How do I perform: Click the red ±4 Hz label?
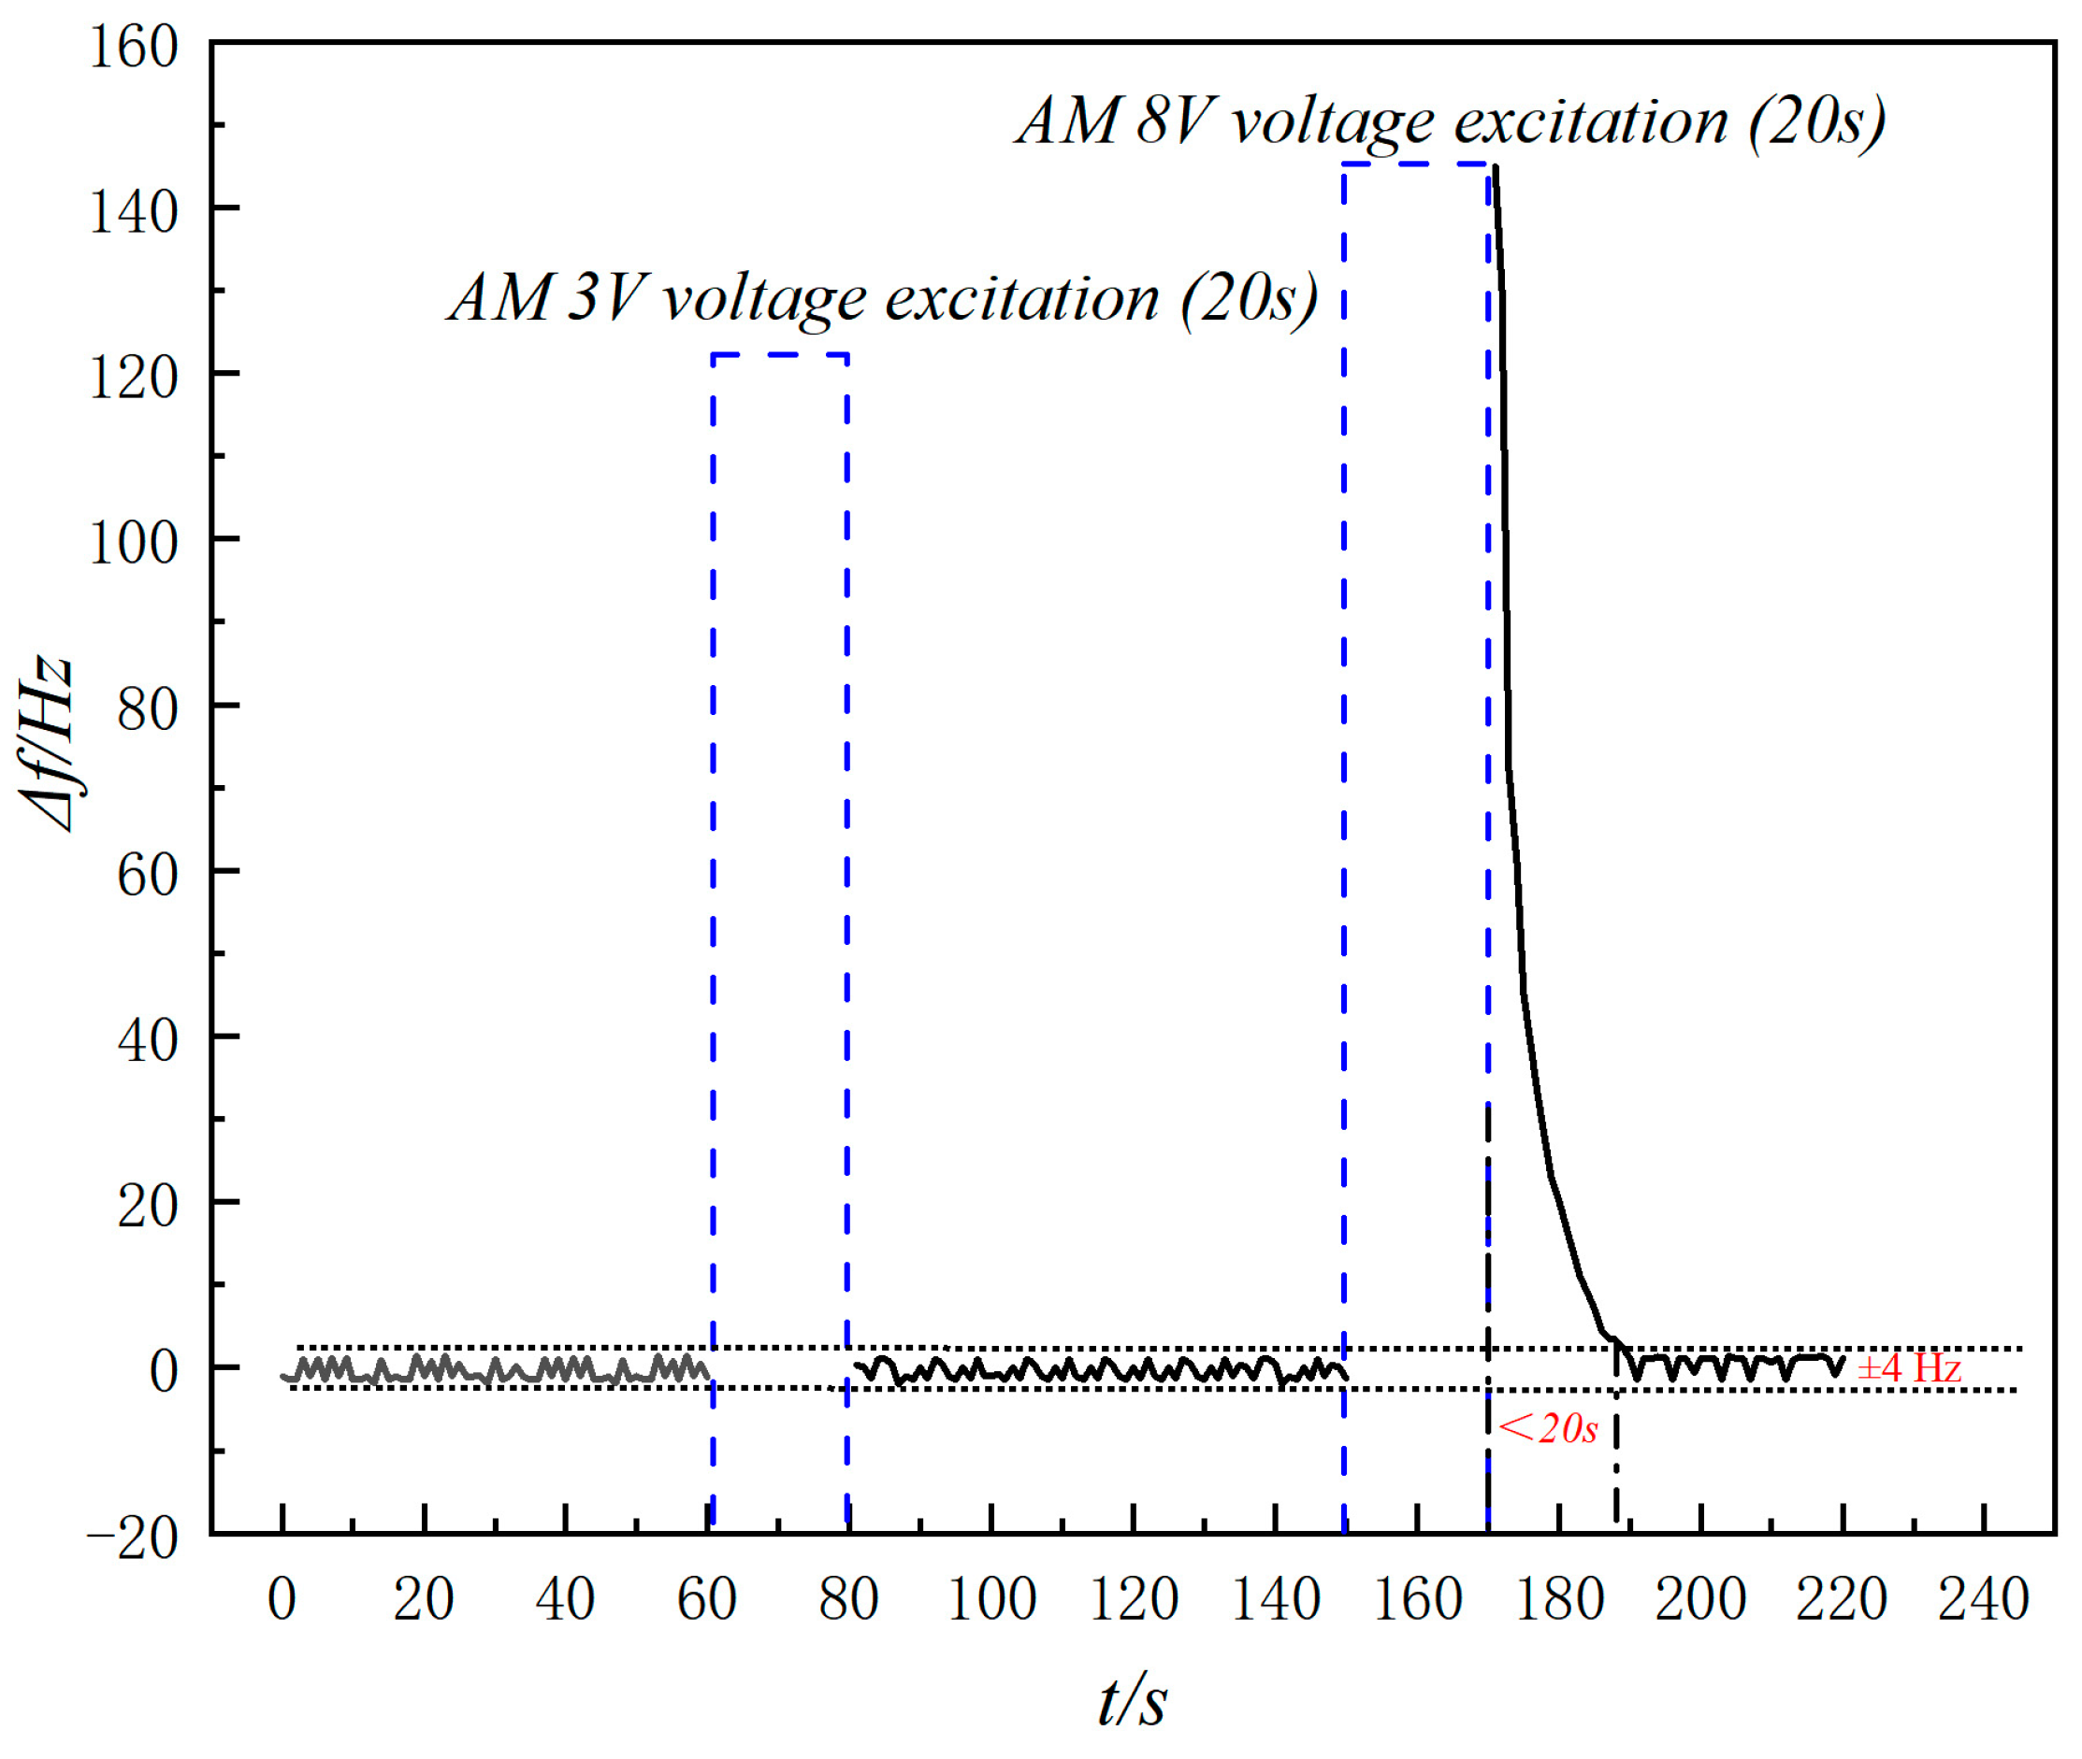[1908, 1367]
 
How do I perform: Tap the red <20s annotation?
[1547, 1429]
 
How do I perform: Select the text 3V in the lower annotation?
[605, 297]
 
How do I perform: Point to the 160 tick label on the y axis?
[134, 47]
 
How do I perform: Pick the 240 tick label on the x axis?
[1982, 1599]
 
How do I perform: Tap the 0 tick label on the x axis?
[282, 1599]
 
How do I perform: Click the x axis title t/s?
[1132, 1700]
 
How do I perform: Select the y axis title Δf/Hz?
[47, 743]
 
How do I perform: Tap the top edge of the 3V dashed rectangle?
[780, 355]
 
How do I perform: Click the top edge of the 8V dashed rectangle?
[1416, 164]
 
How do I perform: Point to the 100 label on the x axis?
[990, 1599]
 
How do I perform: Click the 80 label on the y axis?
[148, 709]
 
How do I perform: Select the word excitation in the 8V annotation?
[1590, 122]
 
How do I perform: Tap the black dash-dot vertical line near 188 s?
[1616, 1446]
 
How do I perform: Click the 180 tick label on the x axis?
[1558, 1599]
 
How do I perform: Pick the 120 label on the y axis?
[134, 378]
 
